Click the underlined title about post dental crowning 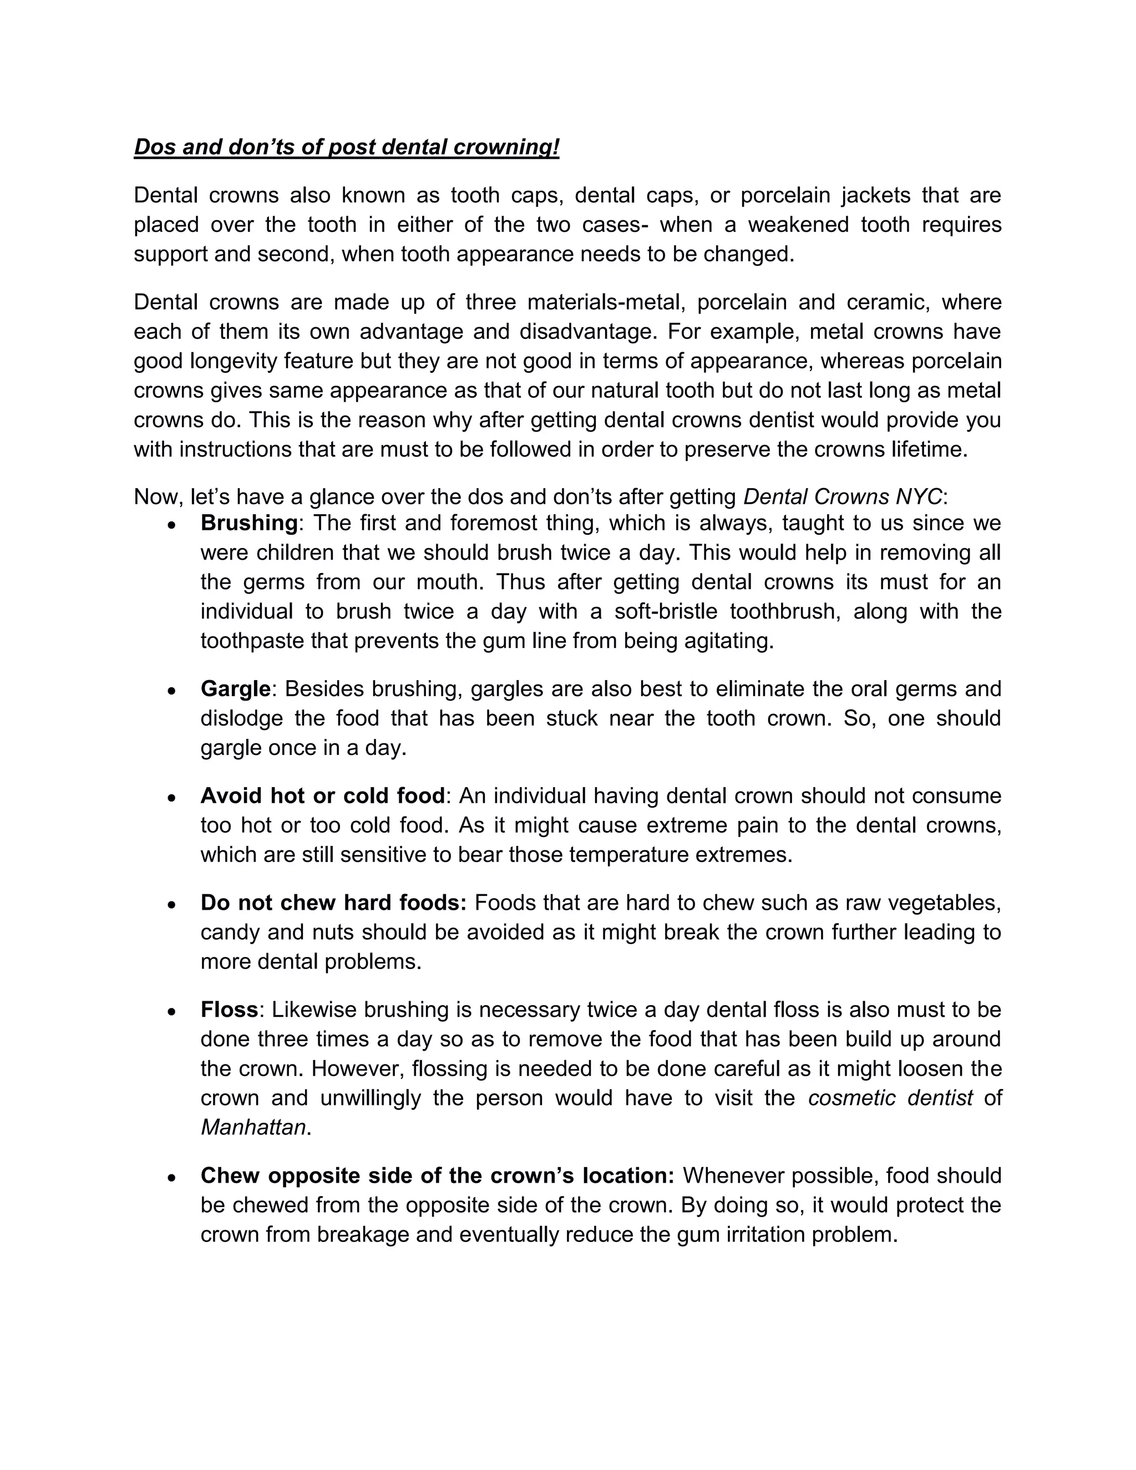[346, 148]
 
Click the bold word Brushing [248, 523]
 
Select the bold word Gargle [235, 689]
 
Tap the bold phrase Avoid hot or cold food [322, 796]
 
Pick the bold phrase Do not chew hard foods [333, 903]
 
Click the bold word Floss [229, 1010]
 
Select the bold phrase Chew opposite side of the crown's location [437, 1176]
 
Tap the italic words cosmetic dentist [890, 1098]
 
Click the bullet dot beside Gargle [173, 691]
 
